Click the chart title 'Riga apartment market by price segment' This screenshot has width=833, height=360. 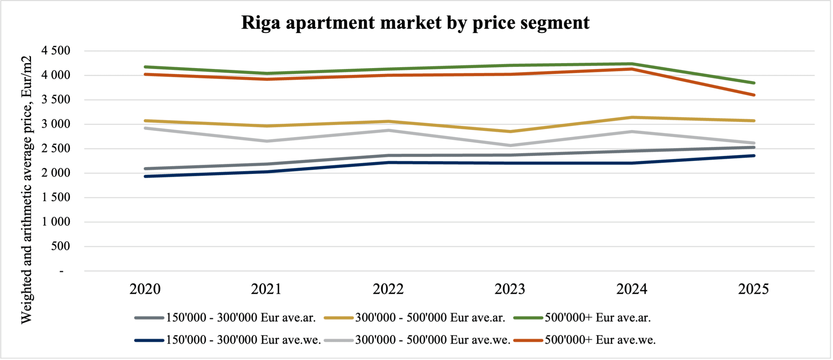415,23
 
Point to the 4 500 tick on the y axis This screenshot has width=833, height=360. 56,51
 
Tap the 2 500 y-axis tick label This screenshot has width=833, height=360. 56,148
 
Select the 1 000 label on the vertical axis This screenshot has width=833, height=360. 56,222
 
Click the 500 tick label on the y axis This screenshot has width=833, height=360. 61,246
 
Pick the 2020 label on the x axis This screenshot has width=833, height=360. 145,289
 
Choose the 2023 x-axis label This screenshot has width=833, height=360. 510,289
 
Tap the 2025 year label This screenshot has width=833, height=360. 753,289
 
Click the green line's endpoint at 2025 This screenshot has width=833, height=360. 754,83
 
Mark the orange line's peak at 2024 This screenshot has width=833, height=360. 632,69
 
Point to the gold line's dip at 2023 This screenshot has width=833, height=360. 510,132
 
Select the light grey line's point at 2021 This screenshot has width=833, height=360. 266,141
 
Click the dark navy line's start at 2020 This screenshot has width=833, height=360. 145,176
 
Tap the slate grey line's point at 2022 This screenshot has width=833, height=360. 388,155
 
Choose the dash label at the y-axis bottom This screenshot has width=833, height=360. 61,271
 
